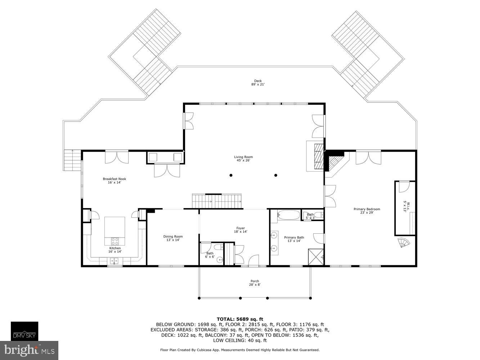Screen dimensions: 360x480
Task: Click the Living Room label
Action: [x=243, y=159]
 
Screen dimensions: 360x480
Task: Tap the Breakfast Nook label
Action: [x=115, y=181]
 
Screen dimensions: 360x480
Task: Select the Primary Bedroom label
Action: [x=367, y=211]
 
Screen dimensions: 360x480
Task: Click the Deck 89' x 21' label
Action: [x=258, y=83]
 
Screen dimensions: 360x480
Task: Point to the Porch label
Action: [x=255, y=283]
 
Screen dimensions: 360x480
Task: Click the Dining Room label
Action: [x=173, y=238]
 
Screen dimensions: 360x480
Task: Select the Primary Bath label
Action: [x=294, y=239]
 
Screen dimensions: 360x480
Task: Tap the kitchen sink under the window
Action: [x=115, y=261]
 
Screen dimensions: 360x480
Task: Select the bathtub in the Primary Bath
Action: [x=288, y=216]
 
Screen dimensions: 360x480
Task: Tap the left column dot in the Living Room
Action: [x=231, y=175]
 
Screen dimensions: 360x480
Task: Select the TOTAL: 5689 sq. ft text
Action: [x=240, y=319]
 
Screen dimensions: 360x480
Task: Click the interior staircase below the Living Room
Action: [x=217, y=201]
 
